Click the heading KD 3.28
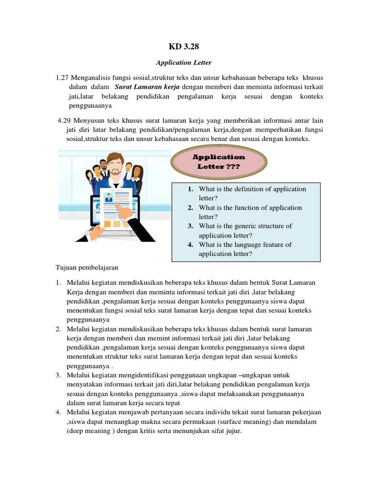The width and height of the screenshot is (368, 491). click(x=184, y=47)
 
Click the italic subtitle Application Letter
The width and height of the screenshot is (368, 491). click(x=184, y=62)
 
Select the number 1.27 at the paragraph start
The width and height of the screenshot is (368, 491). click(x=63, y=78)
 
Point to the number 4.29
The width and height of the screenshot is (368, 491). click(x=64, y=120)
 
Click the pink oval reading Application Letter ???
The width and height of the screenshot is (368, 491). click(x=218, y=162)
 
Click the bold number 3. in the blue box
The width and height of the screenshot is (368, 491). click(x=190, y=226)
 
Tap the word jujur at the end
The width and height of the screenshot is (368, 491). click(x=234, y=431)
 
